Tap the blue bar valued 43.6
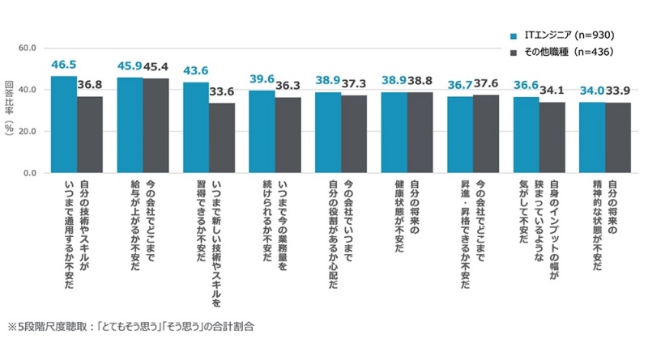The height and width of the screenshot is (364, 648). click(196, 128)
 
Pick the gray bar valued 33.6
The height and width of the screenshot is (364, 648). click(222, 138)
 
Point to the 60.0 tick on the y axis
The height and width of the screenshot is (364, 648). click(27, 48)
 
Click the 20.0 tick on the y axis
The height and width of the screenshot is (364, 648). click(27, 131)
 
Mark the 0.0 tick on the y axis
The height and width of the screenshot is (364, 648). click(30, 173)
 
